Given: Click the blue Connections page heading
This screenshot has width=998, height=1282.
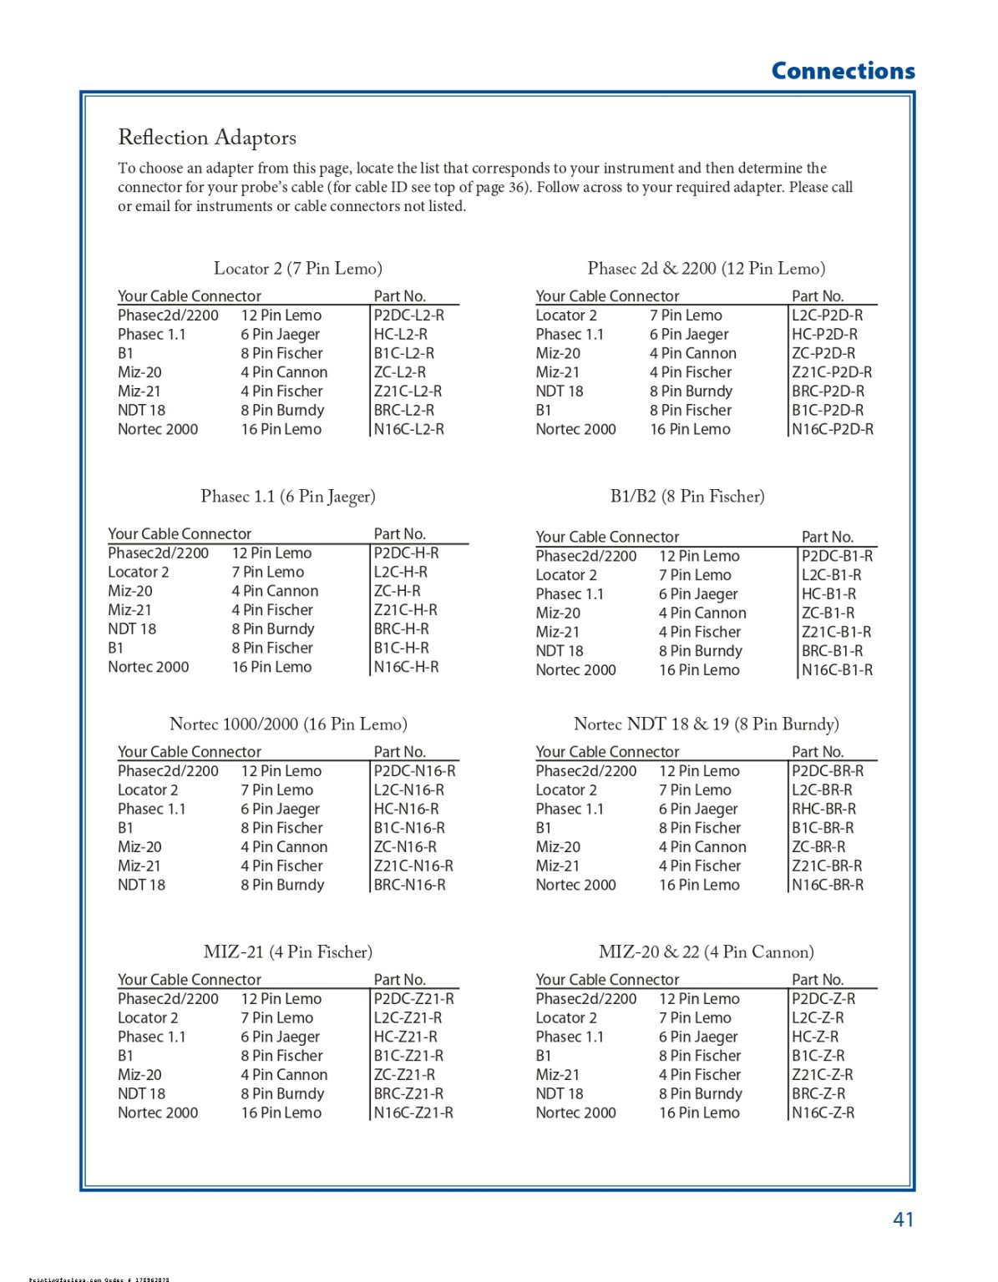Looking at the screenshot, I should click(x=843, y=71).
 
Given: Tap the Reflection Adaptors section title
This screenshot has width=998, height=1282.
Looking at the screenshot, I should click(x=207, y=138).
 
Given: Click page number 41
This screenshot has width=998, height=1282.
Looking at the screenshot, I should click(x=903, y=1219).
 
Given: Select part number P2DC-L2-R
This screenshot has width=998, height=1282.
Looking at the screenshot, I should click(x=409, y=315).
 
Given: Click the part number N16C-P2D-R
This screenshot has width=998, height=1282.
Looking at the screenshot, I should click(x=833, y=430).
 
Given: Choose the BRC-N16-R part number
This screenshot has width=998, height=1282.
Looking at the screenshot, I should click(x=410, y=886).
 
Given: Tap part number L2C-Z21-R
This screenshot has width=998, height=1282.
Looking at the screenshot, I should click(x=408, y=1018).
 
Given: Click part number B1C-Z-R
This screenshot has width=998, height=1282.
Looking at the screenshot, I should click(x=818, y=1056).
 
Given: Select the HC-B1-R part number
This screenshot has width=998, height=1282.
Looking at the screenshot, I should click(x=829, y=594).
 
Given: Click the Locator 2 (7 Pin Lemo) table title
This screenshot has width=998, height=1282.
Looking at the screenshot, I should click(x=298, y=269).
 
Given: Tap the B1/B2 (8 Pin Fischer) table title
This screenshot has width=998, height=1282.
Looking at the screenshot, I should click(x=687, y=497).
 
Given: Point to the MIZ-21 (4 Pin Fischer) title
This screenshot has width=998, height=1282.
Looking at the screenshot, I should click(x=288, y=952).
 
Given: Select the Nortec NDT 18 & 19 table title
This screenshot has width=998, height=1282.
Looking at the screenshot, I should click(x=707, y=724).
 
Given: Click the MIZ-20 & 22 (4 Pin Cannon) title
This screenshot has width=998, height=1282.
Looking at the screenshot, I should click(x=707, y=952).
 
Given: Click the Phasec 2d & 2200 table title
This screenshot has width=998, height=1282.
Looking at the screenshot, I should click(x=707, y=269).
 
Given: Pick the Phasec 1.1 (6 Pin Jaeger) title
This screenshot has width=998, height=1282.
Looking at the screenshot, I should click(x=288, y=497).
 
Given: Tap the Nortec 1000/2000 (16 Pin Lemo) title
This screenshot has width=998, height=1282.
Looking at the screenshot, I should click(x=288, y=724).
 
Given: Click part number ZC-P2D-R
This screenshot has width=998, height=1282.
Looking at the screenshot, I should click(x=823, y=354).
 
